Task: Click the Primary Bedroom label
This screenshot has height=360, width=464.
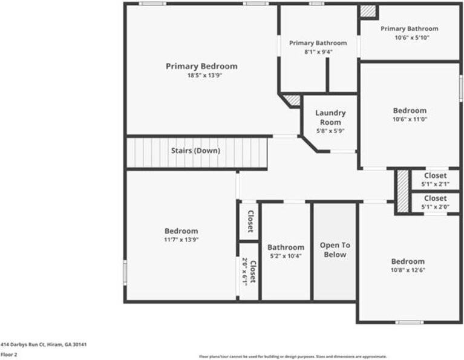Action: pyautogui.click(x=201, y=66)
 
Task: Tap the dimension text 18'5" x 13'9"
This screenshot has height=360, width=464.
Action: pyautogui.click(x=201, y=76)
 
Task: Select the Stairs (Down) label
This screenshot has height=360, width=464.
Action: pyautogui.click(x=195, y=151)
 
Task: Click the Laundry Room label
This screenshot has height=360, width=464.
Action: pyautogui.click(x=330, y=117)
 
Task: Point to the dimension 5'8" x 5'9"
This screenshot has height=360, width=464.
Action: pyautogui.click(x=330, y=131)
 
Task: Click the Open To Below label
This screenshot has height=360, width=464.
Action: pyautogui.click(x=335, y=250)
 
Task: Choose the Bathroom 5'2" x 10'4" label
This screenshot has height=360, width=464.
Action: pyautogui.click(x=286, y=247)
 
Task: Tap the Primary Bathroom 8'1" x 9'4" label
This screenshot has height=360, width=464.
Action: pyautogui.click(x=318, y=43)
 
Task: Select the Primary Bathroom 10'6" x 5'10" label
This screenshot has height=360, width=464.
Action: pyautogui.click(x=409, y=28)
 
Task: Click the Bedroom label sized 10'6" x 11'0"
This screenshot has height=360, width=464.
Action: pyautogui.click(x=410, y=111)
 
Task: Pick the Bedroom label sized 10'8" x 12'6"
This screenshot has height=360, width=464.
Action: pyautogui.click(x=408, y=261)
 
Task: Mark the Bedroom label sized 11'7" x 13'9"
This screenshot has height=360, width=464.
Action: pyautogui.click(x=181, y=231)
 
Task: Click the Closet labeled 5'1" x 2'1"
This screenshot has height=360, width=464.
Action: pyautogui.click(x=435, y=175)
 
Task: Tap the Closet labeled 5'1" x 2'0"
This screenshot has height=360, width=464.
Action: pyautogui.click(x=435, y=198)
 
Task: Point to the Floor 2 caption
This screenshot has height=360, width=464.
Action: pyautogui.click(x=9, y=355)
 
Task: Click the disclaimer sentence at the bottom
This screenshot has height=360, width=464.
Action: pyautogui.click(x=293, y=356)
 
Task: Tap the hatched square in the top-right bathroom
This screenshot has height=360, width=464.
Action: pyautogui.click(x=367, y=11)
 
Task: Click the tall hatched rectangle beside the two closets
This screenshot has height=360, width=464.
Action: pyautogui.click(x=402, y=191)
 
